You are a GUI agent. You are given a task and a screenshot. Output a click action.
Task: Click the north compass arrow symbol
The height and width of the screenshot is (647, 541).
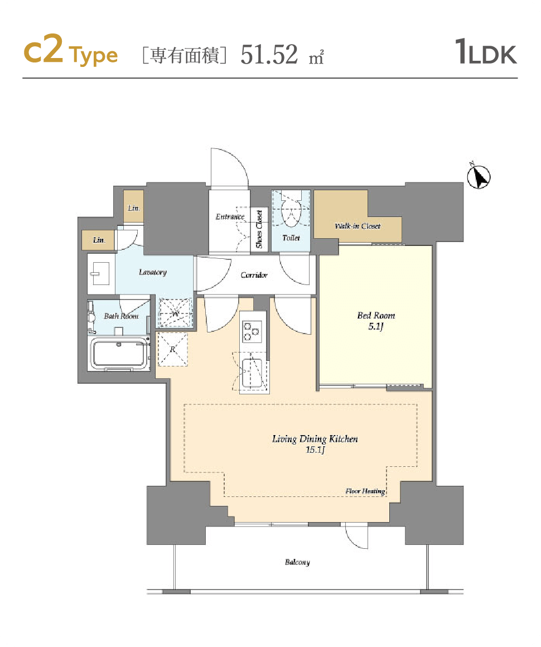[479, 177]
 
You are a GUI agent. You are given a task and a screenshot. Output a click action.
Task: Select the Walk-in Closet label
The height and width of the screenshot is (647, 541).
[358, 226]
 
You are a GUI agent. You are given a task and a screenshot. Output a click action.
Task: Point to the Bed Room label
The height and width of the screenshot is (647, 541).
[376, 321]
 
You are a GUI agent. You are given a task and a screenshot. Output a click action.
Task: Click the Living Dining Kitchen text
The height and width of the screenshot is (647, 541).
[315, 439]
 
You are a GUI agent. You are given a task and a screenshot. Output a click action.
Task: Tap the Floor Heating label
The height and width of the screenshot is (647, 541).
[365, 491]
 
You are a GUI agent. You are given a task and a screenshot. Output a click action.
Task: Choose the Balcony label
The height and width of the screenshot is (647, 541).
[297, 562]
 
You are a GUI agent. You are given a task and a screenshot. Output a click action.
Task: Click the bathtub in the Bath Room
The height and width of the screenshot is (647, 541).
[119, 354]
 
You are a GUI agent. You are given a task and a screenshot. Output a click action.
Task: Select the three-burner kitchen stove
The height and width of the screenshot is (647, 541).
[252, 331]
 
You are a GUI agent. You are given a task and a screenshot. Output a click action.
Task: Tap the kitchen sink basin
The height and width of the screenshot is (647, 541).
[252, 374]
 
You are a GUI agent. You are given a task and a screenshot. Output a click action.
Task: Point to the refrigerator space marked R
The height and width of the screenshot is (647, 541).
[172, 350]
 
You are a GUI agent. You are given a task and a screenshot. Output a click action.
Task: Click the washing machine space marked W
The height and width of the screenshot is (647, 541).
[175, 313]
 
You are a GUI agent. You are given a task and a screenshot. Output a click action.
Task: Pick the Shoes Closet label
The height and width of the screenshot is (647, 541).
[259, 229]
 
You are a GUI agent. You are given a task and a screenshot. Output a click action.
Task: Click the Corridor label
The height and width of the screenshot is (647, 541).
[254, 275]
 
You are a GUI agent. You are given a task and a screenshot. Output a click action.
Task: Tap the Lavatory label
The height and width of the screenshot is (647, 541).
[153, 272]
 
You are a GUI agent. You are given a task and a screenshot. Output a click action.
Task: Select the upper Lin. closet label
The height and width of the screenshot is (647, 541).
[134, 208]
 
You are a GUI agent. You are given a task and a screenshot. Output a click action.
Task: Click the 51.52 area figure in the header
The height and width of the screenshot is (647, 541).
[269, 54]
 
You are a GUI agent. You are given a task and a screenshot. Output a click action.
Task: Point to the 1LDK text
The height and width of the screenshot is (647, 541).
[486, 52]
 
